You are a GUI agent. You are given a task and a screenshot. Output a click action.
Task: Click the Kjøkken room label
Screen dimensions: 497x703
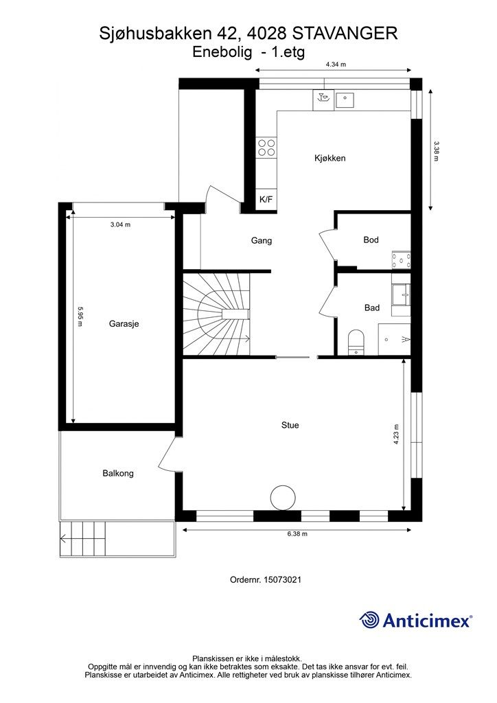(330, 159)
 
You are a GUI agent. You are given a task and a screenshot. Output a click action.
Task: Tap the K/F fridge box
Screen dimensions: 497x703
(266, 200)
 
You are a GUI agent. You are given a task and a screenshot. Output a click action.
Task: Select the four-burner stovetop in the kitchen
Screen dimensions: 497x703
(266, 148)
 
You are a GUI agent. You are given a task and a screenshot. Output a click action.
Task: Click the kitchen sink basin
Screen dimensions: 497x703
(345, 100)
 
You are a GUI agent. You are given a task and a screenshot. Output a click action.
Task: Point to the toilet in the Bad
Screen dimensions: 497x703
(356, 343)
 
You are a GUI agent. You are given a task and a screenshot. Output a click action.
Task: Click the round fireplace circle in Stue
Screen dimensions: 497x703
(284, 498)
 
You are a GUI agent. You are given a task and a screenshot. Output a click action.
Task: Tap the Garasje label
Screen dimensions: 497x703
(124, 323)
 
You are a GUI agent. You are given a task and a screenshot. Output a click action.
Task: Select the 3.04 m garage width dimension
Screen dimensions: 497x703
(120, 224)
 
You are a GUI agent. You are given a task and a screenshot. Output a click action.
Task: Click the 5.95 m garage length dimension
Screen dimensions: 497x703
(80, 316)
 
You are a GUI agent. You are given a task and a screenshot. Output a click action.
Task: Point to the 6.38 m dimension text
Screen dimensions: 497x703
(297, 534)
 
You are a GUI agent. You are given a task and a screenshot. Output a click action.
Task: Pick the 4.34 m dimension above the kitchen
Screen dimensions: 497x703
(336, 65)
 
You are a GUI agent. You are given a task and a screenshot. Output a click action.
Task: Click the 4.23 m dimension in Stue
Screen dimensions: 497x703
(396, 434)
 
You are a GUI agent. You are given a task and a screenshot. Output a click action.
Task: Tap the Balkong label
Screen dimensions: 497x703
(118, 473)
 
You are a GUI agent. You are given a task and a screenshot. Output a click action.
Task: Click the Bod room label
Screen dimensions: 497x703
(371, 240)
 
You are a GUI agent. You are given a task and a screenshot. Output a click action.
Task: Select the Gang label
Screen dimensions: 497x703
(262, 241)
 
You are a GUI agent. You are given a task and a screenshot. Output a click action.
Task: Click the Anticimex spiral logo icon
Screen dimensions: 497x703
(369, 621)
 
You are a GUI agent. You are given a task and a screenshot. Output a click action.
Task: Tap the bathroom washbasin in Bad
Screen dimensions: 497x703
(401, 295)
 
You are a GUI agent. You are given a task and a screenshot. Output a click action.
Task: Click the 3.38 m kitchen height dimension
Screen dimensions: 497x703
(437, 151)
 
